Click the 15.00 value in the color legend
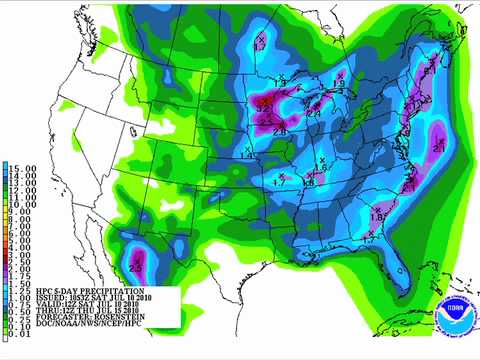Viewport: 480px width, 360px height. (x=22, y=167)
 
